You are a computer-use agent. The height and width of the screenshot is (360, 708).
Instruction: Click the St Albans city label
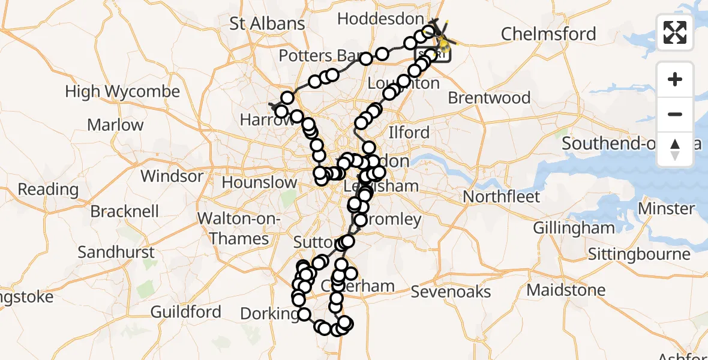point(268,23)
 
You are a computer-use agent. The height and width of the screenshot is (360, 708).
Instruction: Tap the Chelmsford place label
point(548,34)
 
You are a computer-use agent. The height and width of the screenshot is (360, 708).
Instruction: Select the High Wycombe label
point(122,92)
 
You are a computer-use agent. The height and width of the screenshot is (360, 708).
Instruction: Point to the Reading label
point(48,190)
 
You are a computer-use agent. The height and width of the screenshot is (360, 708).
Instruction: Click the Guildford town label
point(185,312)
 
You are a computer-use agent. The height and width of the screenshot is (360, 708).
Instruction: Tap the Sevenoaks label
point(451,292)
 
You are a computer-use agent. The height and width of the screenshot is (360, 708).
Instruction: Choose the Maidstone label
point(566,290)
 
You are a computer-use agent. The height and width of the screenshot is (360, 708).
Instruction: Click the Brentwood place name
point(489,98)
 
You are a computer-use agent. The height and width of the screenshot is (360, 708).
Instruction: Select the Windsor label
point(172,176)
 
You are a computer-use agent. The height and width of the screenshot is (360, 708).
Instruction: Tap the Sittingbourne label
point(639,254)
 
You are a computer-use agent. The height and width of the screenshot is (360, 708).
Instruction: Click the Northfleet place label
point(502,197)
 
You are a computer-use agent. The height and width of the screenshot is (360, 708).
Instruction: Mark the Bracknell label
point(125,212)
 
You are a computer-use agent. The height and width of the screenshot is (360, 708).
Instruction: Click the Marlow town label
point(115,125)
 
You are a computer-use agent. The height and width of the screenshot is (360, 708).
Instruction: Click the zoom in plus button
point(675,79)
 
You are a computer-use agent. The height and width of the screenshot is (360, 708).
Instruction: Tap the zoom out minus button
point(675,114)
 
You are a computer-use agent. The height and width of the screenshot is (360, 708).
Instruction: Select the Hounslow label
point(259,182)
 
